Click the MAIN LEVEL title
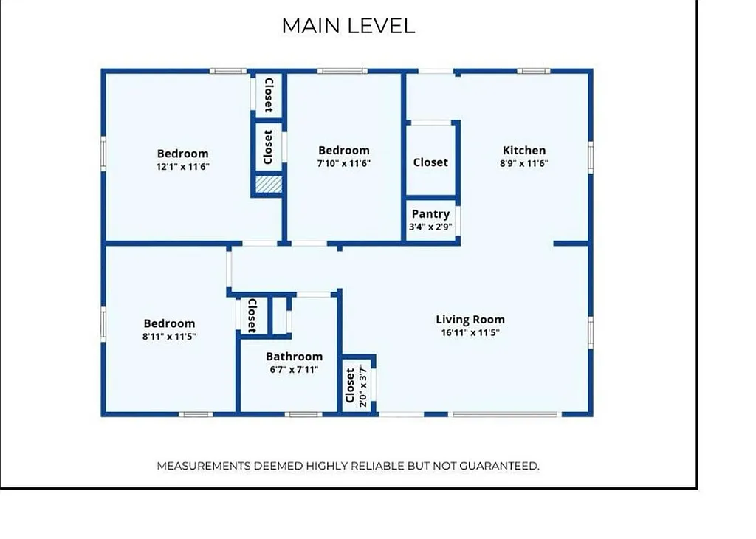click(x=348, y=26)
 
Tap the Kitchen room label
click(x=524, y=151)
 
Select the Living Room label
click(x=470, y=320)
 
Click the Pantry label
click(x=430, y=214)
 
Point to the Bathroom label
click(x=294, y=357)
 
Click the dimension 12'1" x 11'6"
click(x=182, y=166)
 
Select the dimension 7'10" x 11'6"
click(x=343, y=163)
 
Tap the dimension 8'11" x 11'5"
click(x=169, y=336)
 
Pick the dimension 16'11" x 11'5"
click(x=470, y=332)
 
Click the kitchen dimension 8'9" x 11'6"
click(x=524, y=163)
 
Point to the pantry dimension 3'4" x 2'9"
click(x=430, y=227)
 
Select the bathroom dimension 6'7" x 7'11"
click(x=294, y=369)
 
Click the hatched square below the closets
click(x=269, y=185)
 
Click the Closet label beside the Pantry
click(x=430, y=162)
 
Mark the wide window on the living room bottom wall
click(x=505, y=414)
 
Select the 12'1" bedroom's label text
click(x=182, y=154)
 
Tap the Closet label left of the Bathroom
click(x=251, y=315)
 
